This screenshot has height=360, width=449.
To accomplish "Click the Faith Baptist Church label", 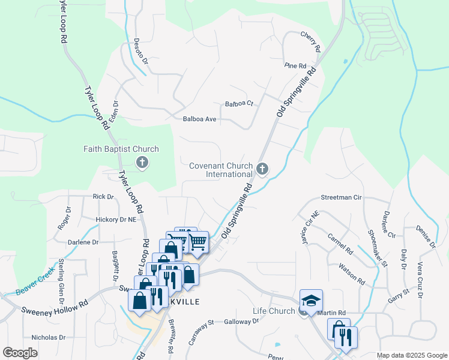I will [x=121, y=149].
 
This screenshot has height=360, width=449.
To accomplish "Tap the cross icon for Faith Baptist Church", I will [x=142, y=162].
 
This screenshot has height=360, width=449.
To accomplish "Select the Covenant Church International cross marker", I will [x=262, y=170].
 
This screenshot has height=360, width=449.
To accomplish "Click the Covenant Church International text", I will [x=221, y=170].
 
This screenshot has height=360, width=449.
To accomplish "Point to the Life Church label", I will [x=273, y=311].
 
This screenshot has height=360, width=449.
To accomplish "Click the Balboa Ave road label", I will [x=199, y=119].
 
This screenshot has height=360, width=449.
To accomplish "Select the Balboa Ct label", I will [x=240, y=104].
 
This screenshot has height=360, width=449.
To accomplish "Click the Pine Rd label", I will [x=295, y=65].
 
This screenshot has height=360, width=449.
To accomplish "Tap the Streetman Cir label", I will [x=342, y=197].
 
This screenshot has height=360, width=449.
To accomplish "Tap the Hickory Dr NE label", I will [x=116, y=220].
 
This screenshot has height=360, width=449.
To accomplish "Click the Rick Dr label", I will [x=103, y=196].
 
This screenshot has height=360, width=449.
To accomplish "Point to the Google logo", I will [x=20, y=353].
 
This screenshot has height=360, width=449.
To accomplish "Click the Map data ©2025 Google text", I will [x=411, y=355].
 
